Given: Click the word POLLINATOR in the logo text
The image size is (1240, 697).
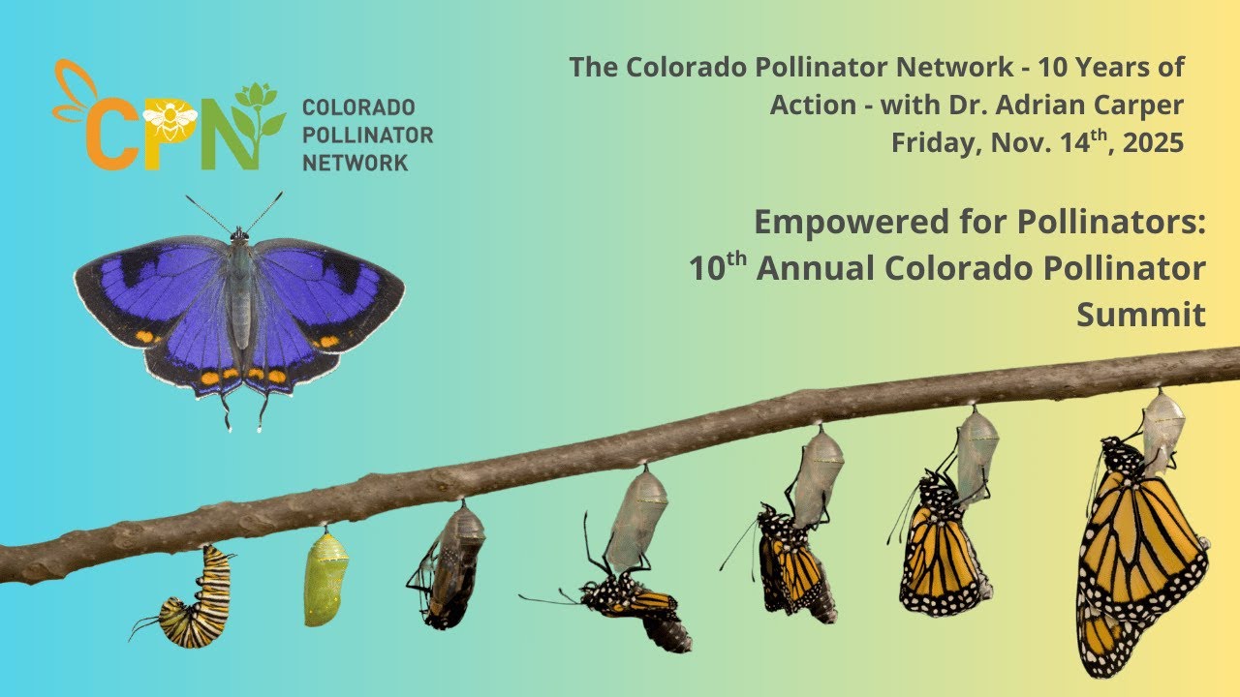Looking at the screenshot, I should click(367, 135).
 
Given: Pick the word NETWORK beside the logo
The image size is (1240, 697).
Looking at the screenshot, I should click(355, 163).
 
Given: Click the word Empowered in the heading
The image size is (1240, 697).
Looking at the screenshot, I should click(848, 222).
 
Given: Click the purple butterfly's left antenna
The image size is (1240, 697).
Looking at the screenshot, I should click(207, 214).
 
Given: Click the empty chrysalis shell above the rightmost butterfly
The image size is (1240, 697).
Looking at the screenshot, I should click(1162, 421).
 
